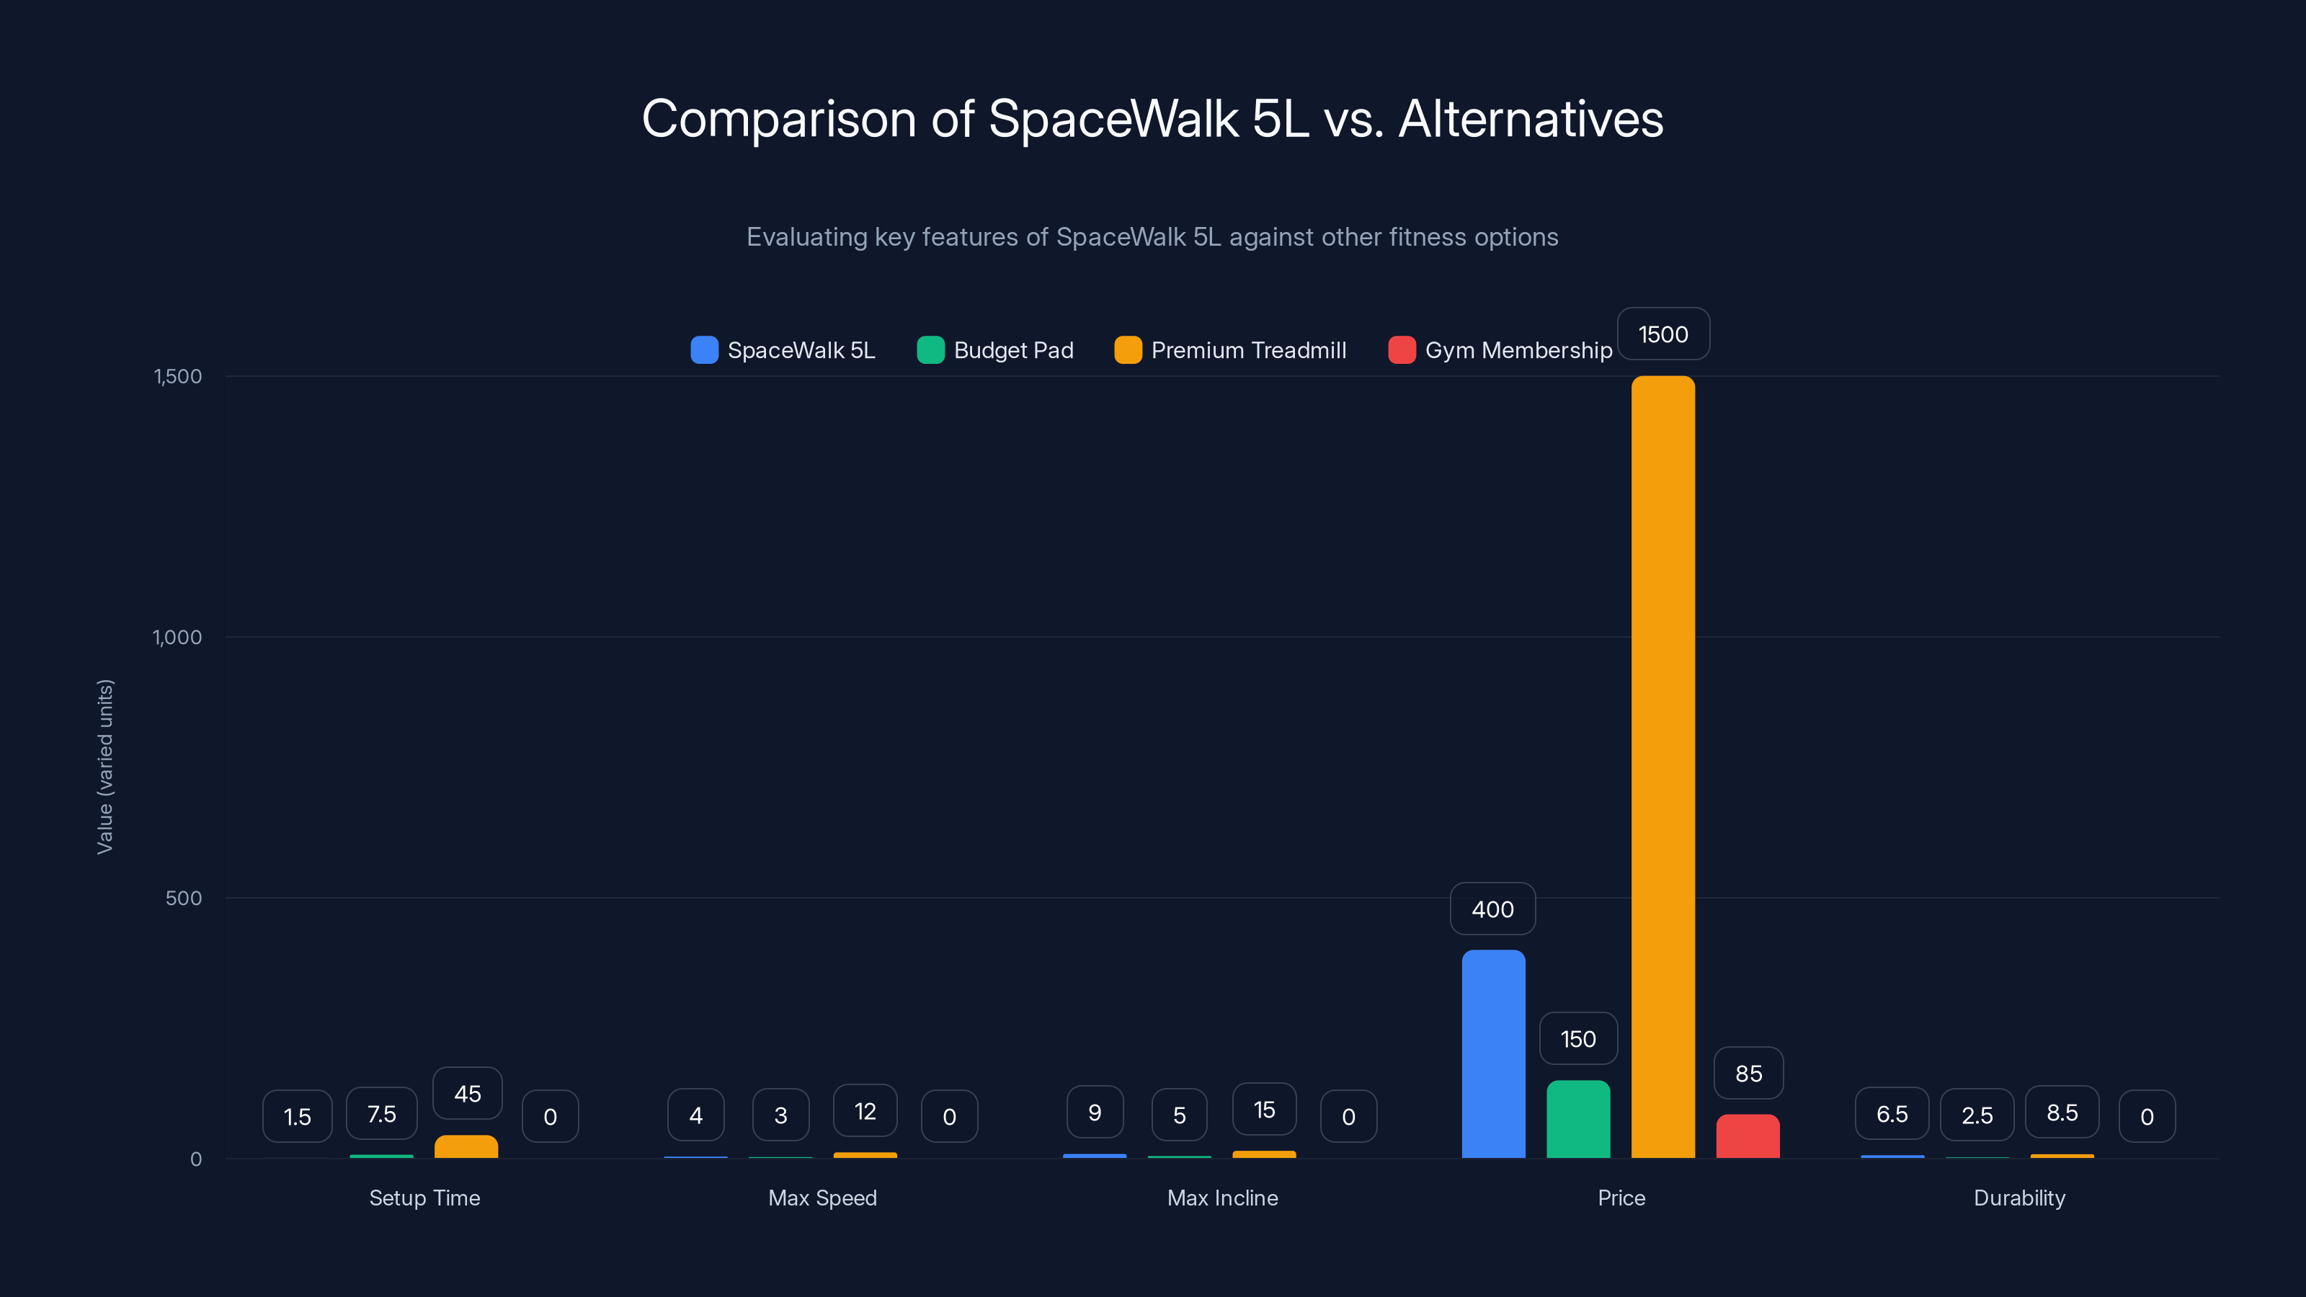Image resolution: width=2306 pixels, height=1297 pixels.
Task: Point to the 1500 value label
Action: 1663,335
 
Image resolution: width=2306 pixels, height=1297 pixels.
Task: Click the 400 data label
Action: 1492,909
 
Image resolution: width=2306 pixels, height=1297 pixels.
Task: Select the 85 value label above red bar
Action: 1748,1073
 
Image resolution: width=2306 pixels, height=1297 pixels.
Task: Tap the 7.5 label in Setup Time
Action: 381,1115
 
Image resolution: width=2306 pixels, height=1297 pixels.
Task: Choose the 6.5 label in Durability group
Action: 1892,1115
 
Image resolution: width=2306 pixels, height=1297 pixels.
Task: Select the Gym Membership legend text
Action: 1518,350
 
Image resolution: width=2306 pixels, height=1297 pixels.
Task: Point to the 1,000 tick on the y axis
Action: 177,637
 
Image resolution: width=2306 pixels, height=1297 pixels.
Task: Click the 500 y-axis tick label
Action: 184,898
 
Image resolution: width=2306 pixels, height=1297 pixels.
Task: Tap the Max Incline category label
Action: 1222,1198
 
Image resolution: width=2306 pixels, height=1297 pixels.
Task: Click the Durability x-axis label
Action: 2019,1198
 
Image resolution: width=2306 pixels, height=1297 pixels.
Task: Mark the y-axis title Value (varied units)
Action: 104,766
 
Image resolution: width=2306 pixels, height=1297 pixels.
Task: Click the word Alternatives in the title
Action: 1531,119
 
